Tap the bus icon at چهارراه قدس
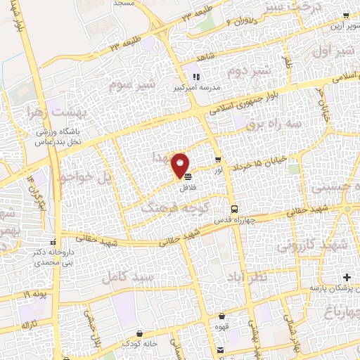tap(235, 209)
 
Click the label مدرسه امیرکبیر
tap(195, 89)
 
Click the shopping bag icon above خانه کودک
tap(140, 333)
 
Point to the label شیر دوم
tap(251, 71)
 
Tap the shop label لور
tap(219, 169)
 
